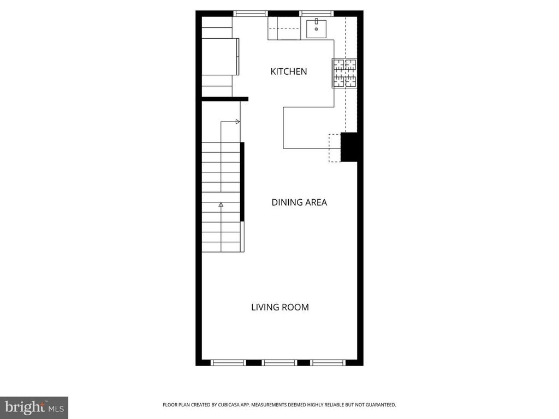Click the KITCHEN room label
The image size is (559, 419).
click(288, 71)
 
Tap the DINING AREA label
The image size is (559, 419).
click(299, 202)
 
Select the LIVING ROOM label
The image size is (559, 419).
click(280, 307)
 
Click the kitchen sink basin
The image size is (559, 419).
click(316, 29)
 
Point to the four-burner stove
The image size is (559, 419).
click(345, 73)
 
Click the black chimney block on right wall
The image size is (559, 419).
click(349, 147)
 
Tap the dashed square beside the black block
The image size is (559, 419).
click(335, 148)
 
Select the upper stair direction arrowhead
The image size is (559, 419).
click(238, 122)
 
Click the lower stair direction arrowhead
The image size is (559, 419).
click(221, 205)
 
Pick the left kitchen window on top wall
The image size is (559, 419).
click(251, 14)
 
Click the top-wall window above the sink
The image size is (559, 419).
click(317, 14)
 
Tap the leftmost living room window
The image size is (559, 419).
click(228, 363)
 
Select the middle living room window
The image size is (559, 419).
click(279, 363)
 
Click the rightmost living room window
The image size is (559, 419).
click(328, 363)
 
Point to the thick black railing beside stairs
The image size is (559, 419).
click(242, 182)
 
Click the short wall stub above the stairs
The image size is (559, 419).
click(225, 99)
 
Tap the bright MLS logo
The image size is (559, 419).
click(34, 408)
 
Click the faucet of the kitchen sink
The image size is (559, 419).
click(316, 21)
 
